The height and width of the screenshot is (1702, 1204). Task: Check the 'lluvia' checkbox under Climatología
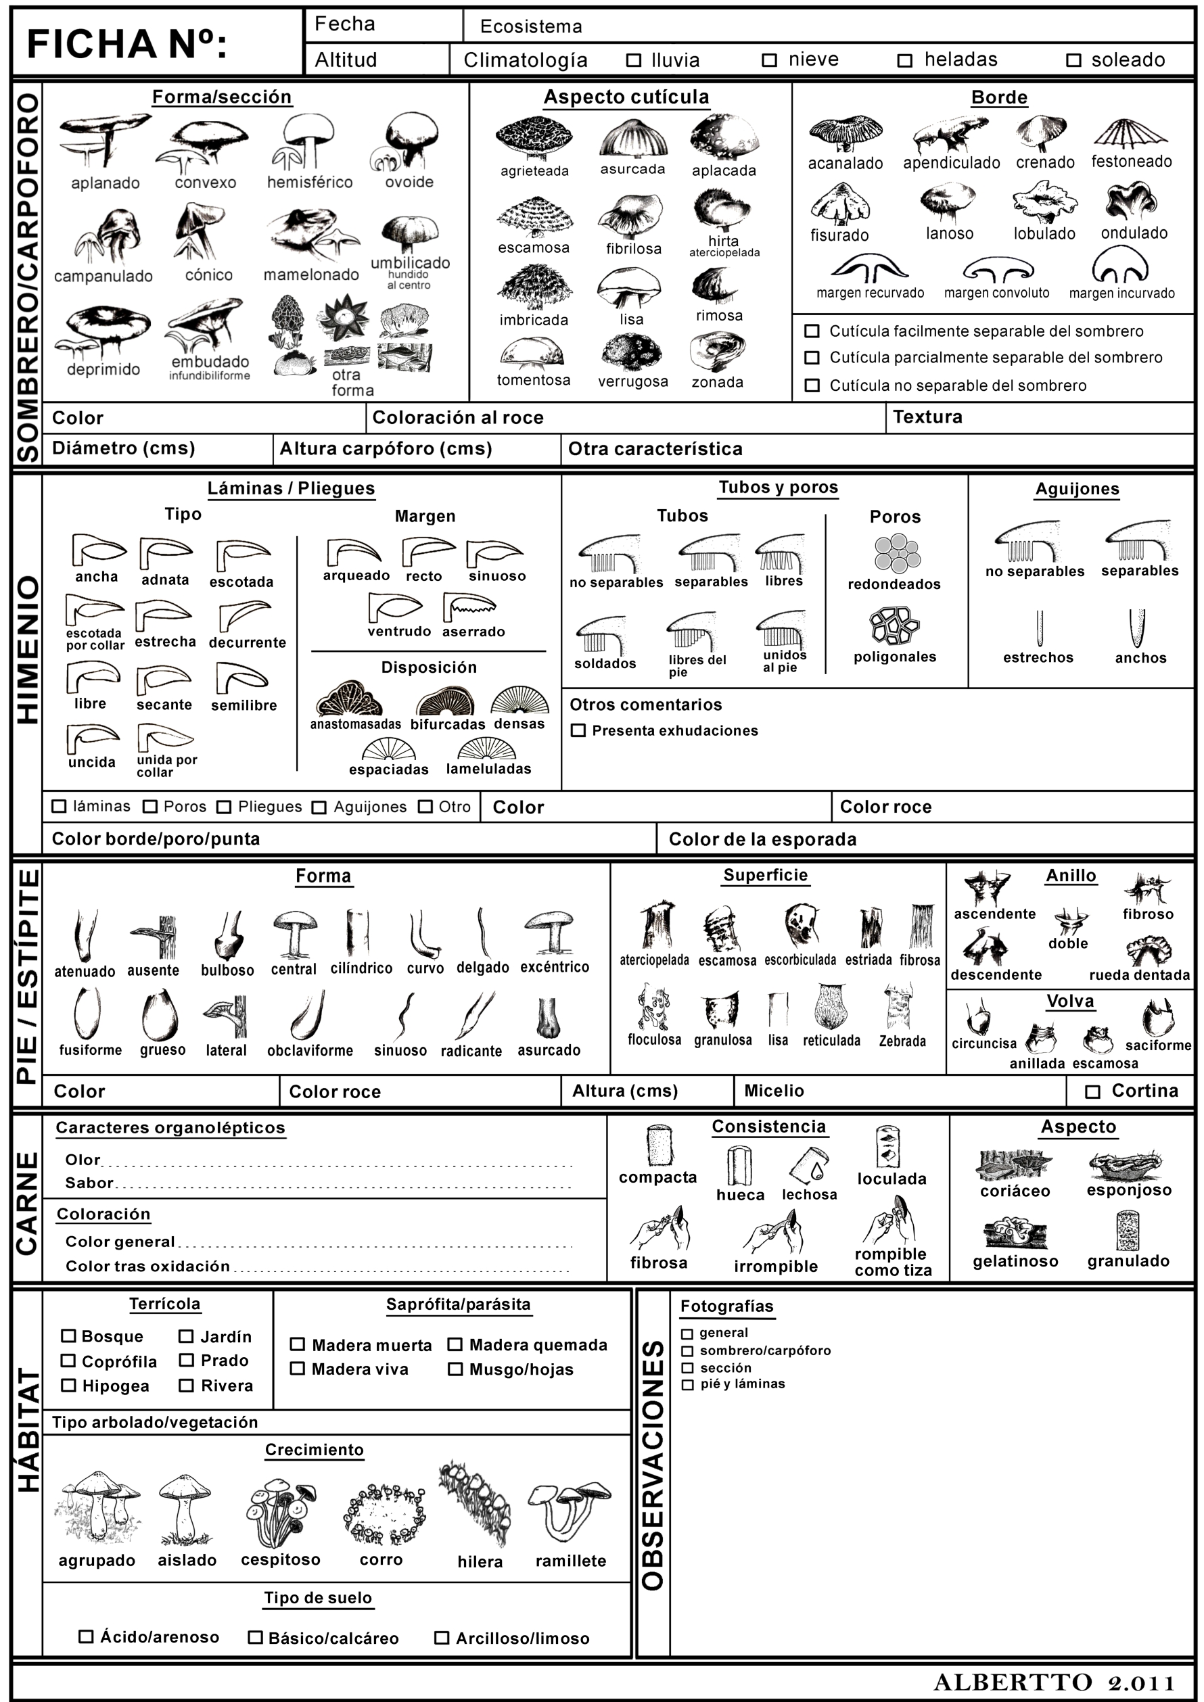(633, 61)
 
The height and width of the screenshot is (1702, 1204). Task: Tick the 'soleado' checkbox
(1073, 61)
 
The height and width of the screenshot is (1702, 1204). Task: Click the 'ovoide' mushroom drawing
(407, 141)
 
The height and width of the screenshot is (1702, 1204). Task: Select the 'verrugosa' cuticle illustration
(632, 351)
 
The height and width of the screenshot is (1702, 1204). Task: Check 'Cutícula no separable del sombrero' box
(812, 385)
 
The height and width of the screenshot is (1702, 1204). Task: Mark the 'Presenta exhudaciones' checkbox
(578, 731)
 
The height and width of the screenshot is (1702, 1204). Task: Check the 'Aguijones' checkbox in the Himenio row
(319, 807)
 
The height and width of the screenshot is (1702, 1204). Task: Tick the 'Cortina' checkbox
(1092, 1092)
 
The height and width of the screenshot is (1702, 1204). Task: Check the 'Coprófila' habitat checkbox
(68, 1361)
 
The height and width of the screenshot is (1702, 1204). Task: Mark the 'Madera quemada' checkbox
(455, 1345)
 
